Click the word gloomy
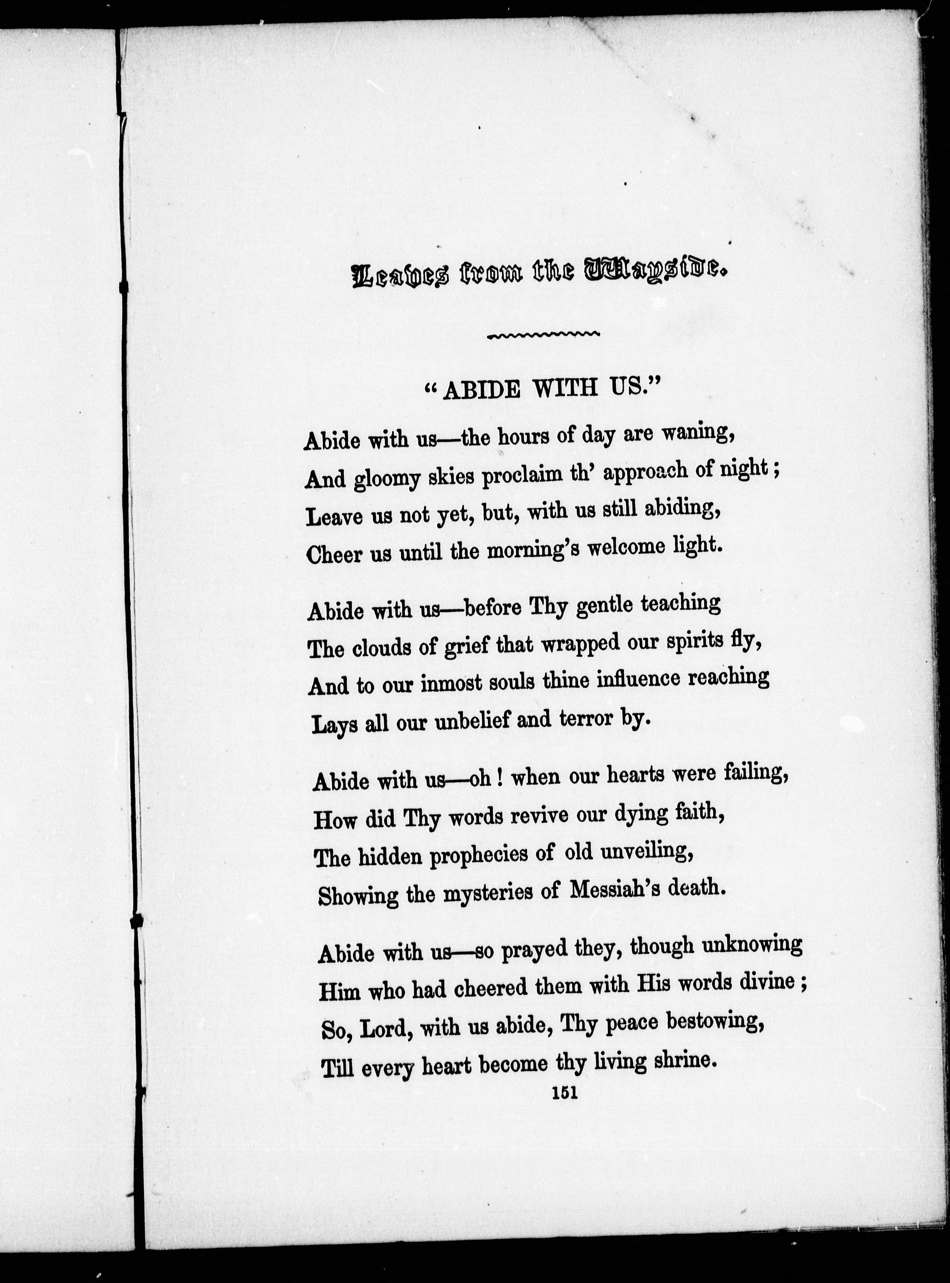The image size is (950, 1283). pyautogui.click(x=387, y=478)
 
